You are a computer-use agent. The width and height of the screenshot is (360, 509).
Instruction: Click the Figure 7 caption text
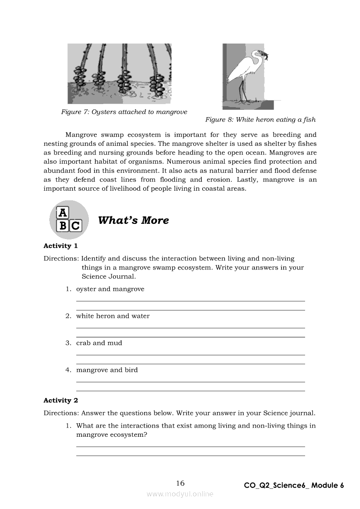[x=124, y=112]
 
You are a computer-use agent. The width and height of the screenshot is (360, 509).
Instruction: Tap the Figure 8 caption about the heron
[x=260, y=120]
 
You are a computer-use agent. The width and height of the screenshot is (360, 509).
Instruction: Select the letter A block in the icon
[x=63, y=212]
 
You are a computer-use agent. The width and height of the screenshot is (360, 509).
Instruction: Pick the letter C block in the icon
[x=75, y=226]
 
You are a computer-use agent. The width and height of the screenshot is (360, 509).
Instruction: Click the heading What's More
[x=133, y=220]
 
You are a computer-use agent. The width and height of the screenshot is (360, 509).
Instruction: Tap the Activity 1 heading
[x=61, y=246]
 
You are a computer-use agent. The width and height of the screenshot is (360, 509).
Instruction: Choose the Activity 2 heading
[x=61, y=401]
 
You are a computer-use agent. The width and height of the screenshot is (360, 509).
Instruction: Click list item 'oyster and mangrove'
[x=110, y=289]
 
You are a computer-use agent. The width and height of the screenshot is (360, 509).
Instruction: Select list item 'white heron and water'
[x=112, y=316]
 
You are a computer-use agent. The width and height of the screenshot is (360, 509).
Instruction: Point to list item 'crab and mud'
[x=99, y=343]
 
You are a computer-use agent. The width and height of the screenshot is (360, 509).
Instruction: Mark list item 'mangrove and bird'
[x=107, y=370]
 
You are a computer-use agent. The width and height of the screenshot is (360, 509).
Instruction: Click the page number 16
[x=180, y=483]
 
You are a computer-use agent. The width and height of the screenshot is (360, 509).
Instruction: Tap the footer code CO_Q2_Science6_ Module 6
[x=294, y=485]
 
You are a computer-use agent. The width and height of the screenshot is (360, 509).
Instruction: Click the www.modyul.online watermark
[x=180, y=494]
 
